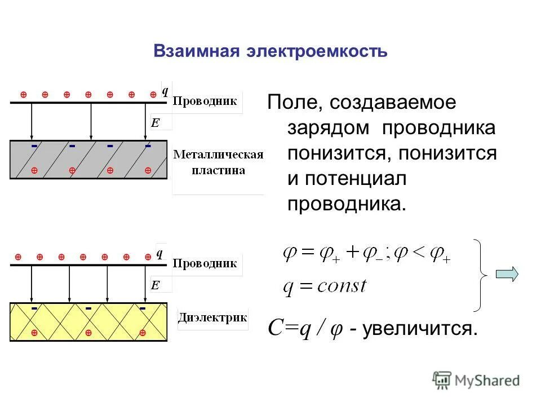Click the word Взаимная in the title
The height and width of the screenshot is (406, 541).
(x=195, y=52)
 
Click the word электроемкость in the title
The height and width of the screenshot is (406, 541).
(x=317, y=52)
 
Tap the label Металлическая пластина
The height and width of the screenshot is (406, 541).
(x=218, y=162)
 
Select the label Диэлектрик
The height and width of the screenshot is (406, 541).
(x=212, y=317)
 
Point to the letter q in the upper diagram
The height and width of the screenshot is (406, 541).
(x=165, y=91)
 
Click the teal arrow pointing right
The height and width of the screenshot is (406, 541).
(x=507, y=274)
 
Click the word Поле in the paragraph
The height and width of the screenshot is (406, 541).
(x=291, y=103)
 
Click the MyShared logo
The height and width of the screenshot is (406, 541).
(x=476, y=380)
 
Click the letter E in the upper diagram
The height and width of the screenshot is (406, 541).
(x=154, y=122)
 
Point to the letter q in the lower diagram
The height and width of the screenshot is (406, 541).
(x=159, y=253)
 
